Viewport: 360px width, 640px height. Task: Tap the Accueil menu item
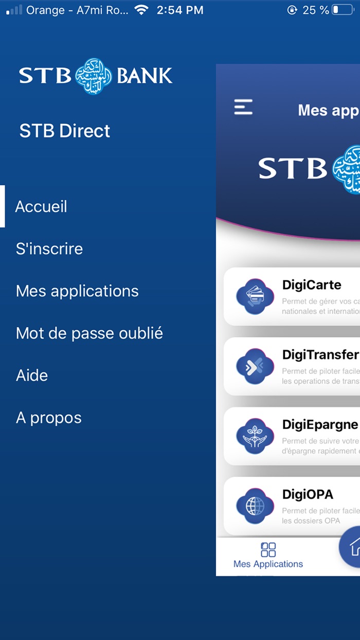tap(41, 207)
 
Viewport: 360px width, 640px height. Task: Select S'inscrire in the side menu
tap(49, 249)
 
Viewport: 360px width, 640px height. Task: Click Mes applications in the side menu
tap(77, 291)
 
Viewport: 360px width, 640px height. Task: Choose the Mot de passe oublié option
tap(89, 333)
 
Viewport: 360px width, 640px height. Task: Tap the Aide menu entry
tap(32, 376)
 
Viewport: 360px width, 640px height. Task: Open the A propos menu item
tap(49, 418)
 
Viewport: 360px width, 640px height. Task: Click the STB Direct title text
tap(65, 131)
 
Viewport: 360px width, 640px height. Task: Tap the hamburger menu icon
tap(243, 107)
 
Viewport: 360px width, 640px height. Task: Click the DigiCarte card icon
tap(255, 296)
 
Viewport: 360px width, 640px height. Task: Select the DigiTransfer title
tap(320, 354)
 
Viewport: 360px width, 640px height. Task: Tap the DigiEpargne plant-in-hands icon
tap(255, 436)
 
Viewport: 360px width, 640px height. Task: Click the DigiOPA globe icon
tap(255, 506)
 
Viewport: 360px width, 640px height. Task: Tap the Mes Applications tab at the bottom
tap(268, 556)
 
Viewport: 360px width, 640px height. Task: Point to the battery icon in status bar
tap(343, 10)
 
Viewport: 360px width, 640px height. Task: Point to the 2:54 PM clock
tap(180, 10)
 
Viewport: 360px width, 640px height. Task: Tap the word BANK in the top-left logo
tap(145, 76)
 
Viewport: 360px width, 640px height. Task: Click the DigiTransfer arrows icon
tap(255, 366)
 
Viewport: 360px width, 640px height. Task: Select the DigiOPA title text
tap(308, 494)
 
